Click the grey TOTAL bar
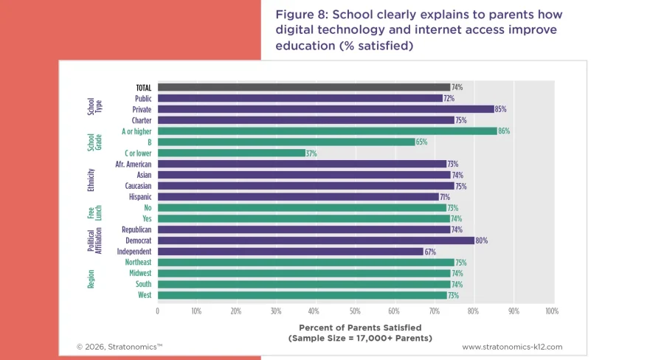click(x=303, y=87)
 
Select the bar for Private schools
click(x=325, y=109)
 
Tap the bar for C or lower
click(x=231, y=153)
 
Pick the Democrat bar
click(x=316, y=240)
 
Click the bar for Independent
click(x=290, y=252)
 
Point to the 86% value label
click(x=504, y=131)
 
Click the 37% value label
click(x=311, y=153)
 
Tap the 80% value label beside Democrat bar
click(x=481, y=240)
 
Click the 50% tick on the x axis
click(x=355, y=311)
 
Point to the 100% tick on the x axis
click(x=551, y=311)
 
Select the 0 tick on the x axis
click(x=157, y=311)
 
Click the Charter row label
click(x=142, y=120)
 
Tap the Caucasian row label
click(x=138, y=186)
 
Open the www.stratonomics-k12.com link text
click(x=512, y=346)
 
